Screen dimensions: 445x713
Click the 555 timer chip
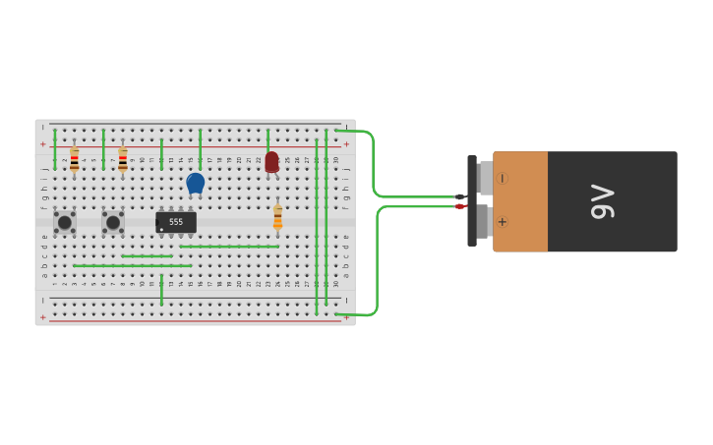[x=176, y=222]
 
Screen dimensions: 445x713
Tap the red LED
[x=271, y=162]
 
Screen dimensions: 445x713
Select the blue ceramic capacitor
[x=195, y=183]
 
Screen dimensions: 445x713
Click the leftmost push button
[x=65, y=222]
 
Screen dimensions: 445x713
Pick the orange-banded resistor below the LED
[x=277, y=217]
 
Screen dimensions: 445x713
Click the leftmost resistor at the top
[x=74, y=159]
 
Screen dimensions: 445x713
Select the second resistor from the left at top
[x=123, y=159]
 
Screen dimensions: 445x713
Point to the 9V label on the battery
[x=601, y=201]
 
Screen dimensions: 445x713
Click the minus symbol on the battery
[x=502, y=179]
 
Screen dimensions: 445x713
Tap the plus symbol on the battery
[x=502, y=222]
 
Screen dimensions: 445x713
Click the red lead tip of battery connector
[x=459, y=206]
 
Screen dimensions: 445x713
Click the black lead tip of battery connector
[x=459, y=196]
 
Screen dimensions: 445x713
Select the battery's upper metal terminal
[x=485, y=178]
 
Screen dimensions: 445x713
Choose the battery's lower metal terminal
[x=483, y=221]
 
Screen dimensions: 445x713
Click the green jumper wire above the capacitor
[x=200, y=147]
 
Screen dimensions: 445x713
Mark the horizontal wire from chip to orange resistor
[x=229, y=247]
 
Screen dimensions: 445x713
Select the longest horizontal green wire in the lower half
[x=133, y=265]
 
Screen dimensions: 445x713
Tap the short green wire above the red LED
[x=267, y=139]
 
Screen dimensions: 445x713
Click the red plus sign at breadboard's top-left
[x=42, y=144]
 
